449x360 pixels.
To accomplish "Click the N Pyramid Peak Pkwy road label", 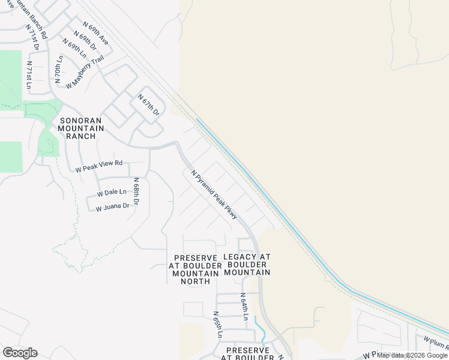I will tap(214, 195).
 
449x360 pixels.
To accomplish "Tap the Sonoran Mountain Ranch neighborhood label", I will tap(81, 128).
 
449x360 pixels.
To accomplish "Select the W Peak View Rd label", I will tap(99, 166).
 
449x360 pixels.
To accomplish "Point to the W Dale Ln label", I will tap(112, 193).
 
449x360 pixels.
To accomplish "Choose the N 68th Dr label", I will tap(136, 191).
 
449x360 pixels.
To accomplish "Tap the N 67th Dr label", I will tap(149, 105).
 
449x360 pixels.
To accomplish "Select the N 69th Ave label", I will tap(96, 34).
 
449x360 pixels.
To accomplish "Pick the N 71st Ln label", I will tap(29, 74).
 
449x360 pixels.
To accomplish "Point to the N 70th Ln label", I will tap(59, 69).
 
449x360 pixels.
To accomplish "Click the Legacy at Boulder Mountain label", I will tap(247, 264).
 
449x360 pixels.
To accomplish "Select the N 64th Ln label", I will tap(244, 307).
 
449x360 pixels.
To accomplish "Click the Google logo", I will tap(20, 352).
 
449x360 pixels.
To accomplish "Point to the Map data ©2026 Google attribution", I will tap(412, 355).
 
